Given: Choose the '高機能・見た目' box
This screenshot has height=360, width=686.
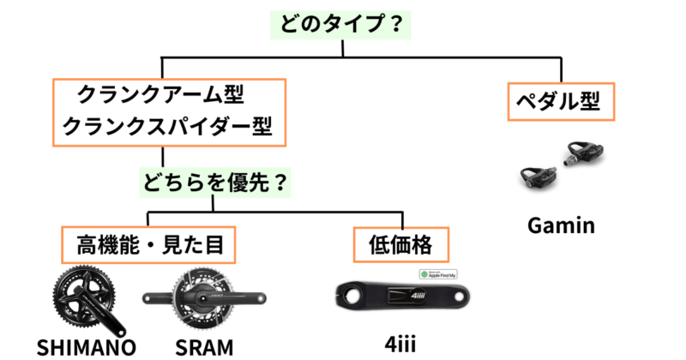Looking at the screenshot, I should coord(150,245).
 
